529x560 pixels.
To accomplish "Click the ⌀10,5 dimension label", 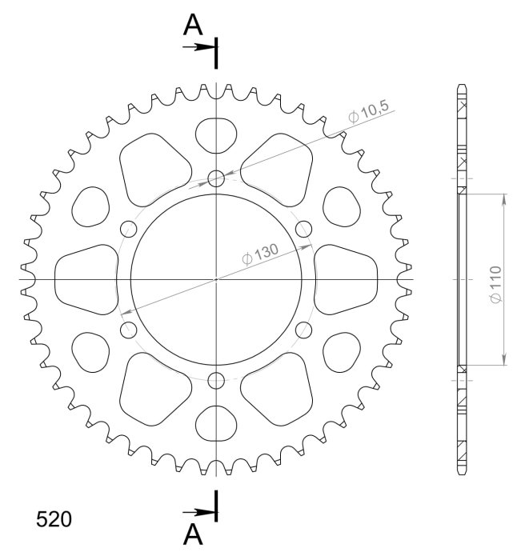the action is (368, 111).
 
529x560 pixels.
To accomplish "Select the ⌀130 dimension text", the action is (260, 254).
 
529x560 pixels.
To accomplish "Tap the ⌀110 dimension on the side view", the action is (495, 285).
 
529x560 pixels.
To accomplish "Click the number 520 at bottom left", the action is (54, 519).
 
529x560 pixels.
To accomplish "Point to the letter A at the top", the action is (193, 25).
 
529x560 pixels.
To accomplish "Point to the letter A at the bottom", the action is (193, 534).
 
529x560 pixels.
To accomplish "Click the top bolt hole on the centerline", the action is (216, 178).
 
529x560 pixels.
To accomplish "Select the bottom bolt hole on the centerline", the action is (216, 380).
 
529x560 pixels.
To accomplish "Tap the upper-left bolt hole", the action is (129, 229).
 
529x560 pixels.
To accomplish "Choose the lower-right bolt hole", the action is (303, 330).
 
